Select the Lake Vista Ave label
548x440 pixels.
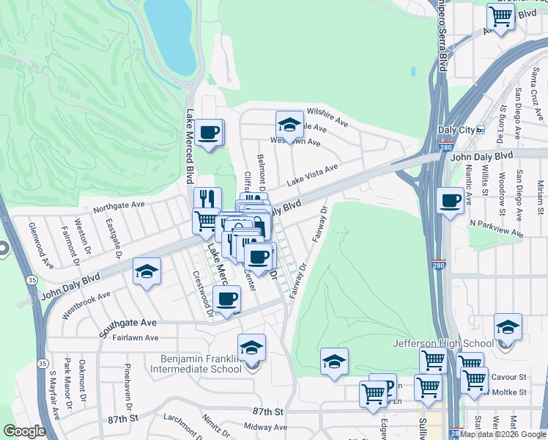point(312,174)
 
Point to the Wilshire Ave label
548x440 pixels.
point(327,117)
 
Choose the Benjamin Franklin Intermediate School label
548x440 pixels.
point(201,364)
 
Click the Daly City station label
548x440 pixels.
point(456,130)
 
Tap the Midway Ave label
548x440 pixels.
point(265,426)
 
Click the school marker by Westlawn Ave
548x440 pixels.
point(289,125)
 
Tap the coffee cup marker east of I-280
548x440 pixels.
point(450,200)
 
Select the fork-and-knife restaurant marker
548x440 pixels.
point(207,199)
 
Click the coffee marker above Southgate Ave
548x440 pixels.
point(227,298)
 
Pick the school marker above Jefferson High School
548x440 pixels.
point(507,327)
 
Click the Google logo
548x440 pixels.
point(25,431)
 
